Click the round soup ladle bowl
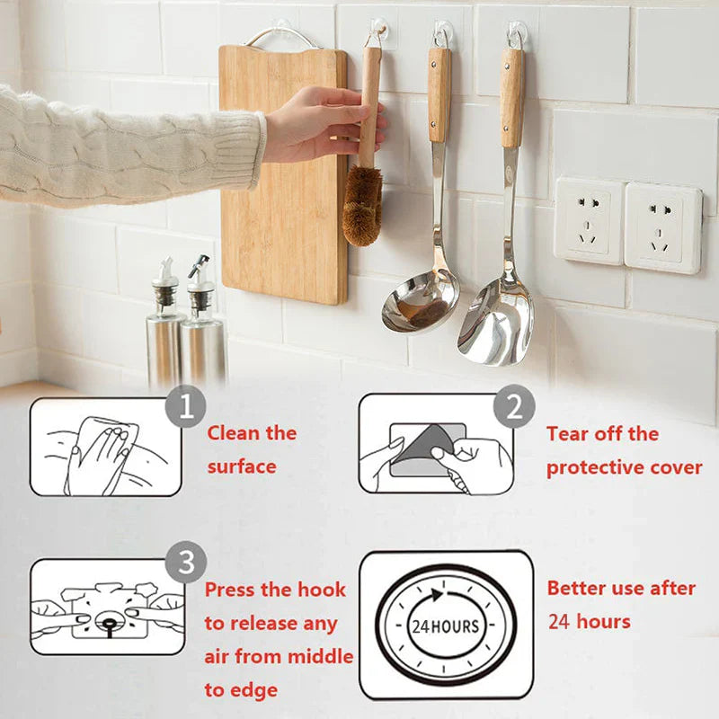click(x=419, y=301)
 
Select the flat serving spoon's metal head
click(x=496, y=323)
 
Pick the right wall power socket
click(x=662, y=227)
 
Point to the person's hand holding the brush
click(x=319, y=123)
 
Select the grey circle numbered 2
click(x=514, y=408)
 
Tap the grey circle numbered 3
click(x=186, y=564)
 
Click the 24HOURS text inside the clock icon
click(x=446, y=626)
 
